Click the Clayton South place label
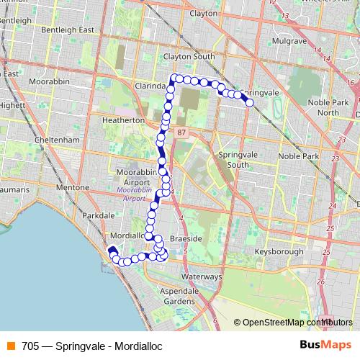coord(189,56)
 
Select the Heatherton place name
coord(124,120)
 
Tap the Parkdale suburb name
coord(99,215)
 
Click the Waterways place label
coord(201,276)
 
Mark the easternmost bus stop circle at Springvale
coord(250,103)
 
